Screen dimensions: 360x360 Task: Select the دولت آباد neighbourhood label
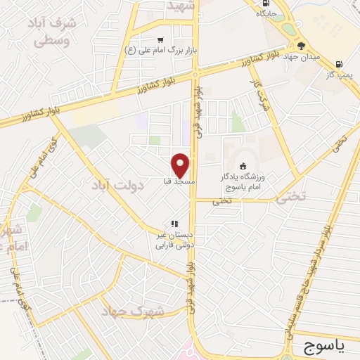pyautogui.click(x=117, y=186)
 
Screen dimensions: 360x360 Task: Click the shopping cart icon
pyautogui.click(x=161, y=39)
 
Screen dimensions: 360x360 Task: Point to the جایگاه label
pyautogui.click(x=266, y=13)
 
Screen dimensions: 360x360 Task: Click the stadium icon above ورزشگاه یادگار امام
pyautogui.click(x=243, y=167)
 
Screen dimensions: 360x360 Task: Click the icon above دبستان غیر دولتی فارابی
pyautogui.click(x=174, y=224)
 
